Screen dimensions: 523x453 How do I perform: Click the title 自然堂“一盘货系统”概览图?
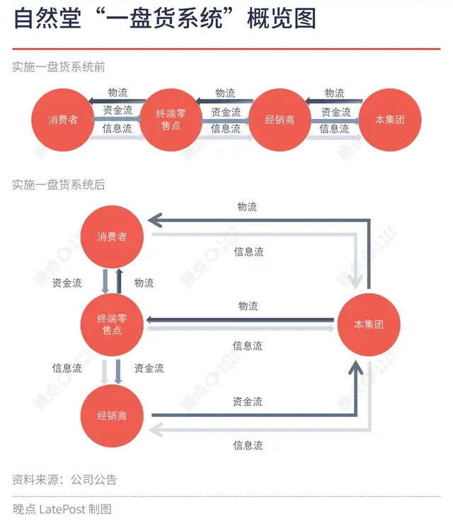click(164, 19)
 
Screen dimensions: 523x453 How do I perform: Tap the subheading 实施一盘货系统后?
click(59, 185)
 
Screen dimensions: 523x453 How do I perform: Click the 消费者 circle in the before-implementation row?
click(63, 120)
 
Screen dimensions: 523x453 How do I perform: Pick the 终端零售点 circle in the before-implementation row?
click(172, 120)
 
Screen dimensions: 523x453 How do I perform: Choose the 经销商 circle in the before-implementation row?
click(280, 120)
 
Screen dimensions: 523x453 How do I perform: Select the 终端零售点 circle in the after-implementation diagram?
click(113, 325)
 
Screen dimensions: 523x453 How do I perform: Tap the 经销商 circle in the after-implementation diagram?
click(113, 415)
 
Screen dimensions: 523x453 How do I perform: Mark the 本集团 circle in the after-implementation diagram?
click(369, 325)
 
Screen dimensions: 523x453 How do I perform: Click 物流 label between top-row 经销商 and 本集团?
click(334, 93)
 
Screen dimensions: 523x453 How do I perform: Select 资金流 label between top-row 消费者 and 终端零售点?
click(117, 111)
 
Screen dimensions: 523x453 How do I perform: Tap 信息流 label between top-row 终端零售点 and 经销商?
click(226, 129)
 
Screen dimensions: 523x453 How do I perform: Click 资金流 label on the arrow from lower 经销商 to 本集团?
click(248, 401)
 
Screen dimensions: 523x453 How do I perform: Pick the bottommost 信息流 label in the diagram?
click(248, 445)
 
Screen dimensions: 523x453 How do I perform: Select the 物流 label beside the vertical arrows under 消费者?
click(144, 283)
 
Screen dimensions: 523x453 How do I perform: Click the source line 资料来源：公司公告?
click(64, 479)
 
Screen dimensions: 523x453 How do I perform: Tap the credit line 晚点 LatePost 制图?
click(62, 509)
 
